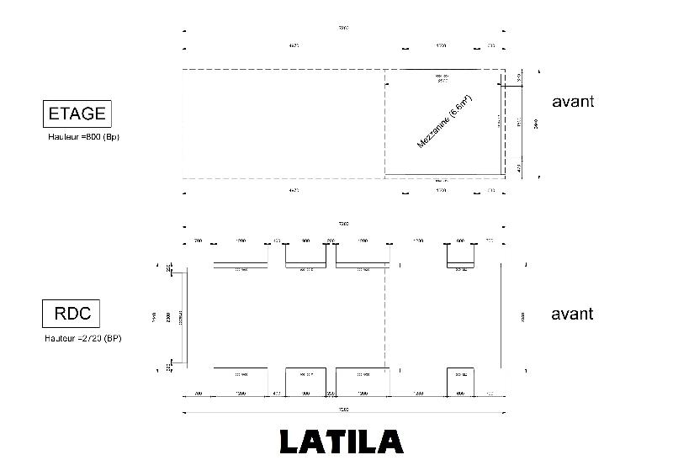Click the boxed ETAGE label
[x=77, y=114]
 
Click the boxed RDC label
[x=72, y=315]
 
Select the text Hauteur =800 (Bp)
[x=84, y=135]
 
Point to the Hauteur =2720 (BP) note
[x=83, y=338]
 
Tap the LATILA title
[x=341, y=442]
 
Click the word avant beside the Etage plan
[x=573, y=102]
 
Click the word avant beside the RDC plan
[x=572, y=314]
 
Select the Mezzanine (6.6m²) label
[x=443, y=123]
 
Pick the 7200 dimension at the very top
[x=343, y=28]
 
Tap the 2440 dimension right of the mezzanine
[x=535, y=124]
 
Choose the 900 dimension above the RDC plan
[x=305, y=241]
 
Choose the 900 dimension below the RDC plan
[x=305, y=393]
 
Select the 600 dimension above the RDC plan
[x=460, y=241]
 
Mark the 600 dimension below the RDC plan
[x=460, y=393]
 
